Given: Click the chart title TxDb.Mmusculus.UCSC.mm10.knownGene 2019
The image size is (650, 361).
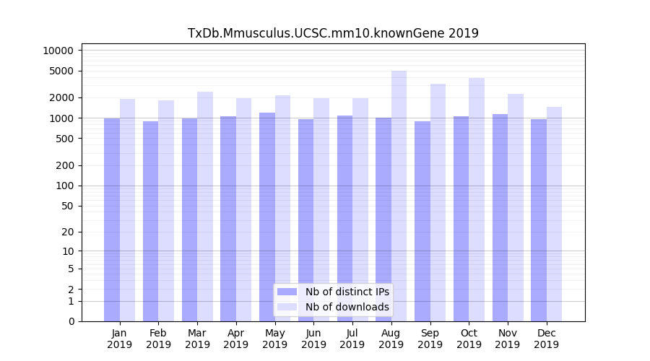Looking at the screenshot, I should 333,33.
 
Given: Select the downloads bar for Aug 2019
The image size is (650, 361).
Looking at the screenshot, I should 399,196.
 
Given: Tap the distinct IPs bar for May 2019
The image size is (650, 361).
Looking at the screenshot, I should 267,217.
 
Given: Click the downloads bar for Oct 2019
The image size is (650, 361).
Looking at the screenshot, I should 477,199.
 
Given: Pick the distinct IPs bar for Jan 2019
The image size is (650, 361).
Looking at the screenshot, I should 112,219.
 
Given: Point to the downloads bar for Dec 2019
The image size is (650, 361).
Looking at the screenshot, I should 555,214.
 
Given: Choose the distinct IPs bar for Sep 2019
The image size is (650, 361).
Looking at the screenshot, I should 422,221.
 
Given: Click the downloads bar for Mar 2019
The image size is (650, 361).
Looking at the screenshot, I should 205,206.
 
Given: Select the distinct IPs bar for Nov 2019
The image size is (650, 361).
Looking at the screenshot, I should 500,217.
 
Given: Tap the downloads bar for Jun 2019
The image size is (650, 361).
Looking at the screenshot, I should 321,209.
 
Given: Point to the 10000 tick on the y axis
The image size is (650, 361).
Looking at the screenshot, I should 58,51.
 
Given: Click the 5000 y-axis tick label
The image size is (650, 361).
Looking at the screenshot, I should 61,71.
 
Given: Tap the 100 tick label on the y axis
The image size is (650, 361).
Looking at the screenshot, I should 64,186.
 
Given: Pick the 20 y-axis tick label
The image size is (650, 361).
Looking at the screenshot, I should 67,232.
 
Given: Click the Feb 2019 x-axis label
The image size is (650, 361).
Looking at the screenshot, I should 158,339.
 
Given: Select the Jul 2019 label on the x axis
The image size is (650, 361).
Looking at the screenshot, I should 352,339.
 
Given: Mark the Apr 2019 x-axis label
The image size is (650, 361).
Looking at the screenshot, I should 236,339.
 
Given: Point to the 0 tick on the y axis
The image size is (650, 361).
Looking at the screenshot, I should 70,321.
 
